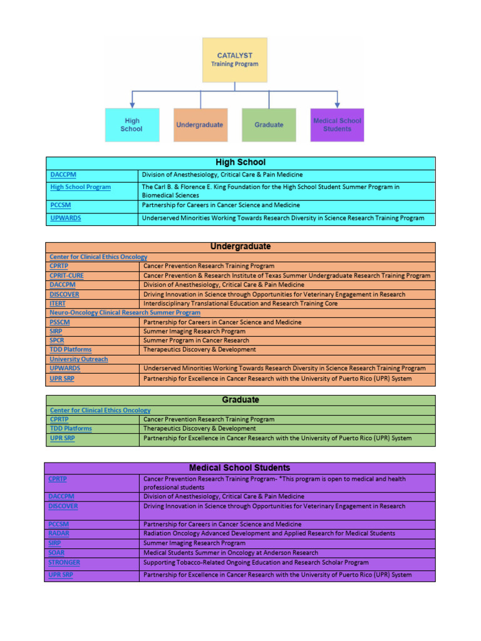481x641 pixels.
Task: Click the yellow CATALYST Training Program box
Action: (234, 60)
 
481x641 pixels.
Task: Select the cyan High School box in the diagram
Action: (131, 125)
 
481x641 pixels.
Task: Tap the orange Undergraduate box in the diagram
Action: (199, 125)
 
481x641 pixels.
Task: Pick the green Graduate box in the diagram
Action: (269, 125)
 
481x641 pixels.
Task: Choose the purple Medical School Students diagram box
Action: (337, 125)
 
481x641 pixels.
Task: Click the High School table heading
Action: (240, 163)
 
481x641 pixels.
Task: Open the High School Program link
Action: (80, 187)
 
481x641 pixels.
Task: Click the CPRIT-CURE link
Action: (66, 275)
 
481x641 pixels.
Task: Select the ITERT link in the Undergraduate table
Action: (57, 304)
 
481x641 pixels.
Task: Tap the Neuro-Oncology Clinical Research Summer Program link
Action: (125, 312)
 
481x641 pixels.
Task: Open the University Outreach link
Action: (78, 359)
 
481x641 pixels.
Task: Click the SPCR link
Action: (56, 341)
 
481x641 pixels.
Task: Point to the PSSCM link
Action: (59, 322)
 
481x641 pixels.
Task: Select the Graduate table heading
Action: (240, 400)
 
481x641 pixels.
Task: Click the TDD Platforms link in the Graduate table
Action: (70, 429)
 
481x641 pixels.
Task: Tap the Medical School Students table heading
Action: (239, 468)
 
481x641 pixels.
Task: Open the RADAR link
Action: (58, 533)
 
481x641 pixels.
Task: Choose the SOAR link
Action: (56, 553)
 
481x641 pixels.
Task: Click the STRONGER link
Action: (64, 563)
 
